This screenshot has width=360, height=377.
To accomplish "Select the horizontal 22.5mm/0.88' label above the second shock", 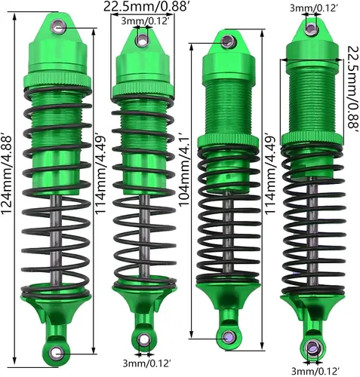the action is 145,7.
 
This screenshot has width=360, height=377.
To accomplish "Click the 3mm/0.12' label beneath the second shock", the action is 147,363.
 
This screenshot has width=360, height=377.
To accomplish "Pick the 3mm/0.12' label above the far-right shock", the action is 313,8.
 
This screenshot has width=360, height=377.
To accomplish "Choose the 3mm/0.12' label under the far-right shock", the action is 315,371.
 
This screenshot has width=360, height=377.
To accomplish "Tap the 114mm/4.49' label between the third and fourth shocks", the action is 270,175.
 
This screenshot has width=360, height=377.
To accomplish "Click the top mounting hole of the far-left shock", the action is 59,26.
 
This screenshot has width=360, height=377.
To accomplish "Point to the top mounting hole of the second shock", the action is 143,40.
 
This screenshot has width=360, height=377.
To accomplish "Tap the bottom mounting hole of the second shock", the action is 143,340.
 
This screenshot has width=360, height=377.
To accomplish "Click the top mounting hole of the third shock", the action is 228,41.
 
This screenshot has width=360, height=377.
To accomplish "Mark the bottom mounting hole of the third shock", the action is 229,337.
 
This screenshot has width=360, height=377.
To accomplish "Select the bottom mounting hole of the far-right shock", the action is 312,348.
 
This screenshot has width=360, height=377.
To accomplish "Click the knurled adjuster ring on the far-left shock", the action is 57,80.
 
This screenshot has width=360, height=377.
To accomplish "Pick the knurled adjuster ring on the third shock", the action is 228,142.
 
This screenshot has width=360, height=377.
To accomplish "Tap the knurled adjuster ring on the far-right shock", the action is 312,139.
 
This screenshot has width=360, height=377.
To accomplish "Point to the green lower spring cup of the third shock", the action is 228,296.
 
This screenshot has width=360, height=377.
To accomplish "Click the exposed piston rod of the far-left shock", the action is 57,240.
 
